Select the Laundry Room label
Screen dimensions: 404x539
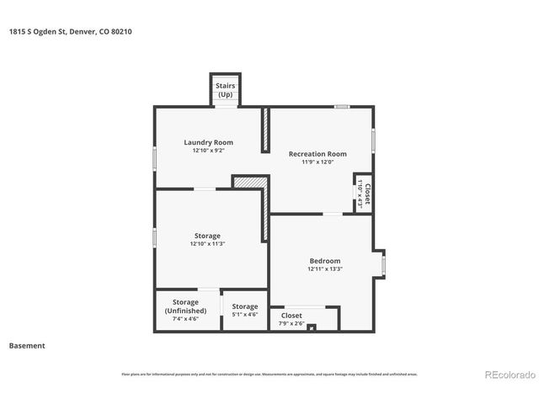click(208, 142)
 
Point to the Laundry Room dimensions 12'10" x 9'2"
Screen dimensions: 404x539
click(208, 151)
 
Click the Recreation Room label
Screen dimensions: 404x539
click(318, 154)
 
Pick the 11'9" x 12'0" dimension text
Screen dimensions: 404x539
click(318, 162)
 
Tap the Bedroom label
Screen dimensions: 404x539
click(324, 261)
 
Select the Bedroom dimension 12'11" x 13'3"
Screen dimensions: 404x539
click(324, 269)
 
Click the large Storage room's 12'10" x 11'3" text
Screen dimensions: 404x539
click(207, 244)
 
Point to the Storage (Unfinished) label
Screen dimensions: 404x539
click(185, 306)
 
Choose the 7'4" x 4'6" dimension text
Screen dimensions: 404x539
click(185, 319)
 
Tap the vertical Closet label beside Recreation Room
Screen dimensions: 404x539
click(366, 194)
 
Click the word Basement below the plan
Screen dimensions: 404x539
click(27, 346)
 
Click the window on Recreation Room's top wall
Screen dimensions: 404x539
click(341, 106)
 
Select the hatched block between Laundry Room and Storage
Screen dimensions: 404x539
click(250, 181)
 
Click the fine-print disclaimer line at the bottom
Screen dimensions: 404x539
click(269, 374)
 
